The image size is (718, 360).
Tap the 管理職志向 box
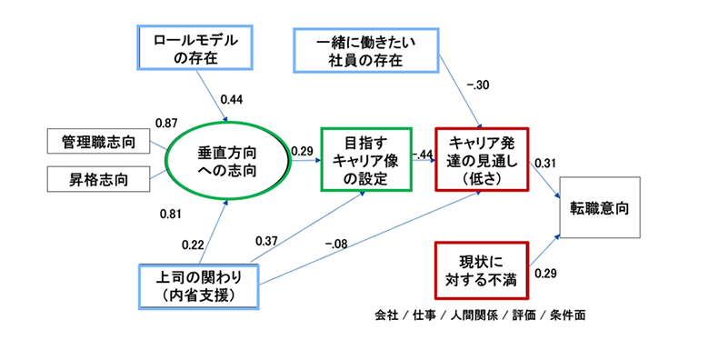tap(97, 142)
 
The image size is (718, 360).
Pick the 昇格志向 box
tap(97, 179)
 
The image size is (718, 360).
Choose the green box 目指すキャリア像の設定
tap(361, 161)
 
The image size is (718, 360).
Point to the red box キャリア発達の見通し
tap(481, 161)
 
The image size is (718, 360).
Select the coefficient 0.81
tap(171, 215)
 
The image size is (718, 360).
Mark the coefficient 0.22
tap(193, 244)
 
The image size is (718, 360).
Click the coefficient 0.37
tap(267, 240)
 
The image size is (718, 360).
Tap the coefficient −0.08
tap(340, 244)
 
